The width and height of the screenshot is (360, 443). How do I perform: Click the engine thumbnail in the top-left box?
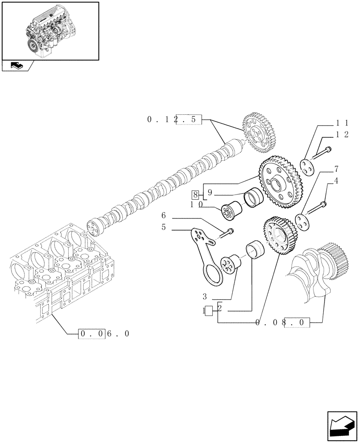(50, 31)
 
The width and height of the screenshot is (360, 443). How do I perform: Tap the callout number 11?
(341, 123)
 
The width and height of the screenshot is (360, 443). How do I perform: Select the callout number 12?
(341, 135)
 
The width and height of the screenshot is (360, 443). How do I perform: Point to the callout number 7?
(337, 168)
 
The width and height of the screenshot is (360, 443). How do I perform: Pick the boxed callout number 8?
(196, 194)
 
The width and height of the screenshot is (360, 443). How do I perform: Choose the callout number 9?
(210, 193)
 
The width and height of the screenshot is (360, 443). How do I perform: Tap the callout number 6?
(163, 215)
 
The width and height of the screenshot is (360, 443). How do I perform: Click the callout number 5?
(163, 227)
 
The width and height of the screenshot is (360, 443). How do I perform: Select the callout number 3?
(205, 296)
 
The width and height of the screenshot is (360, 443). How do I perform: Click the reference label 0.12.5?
(174, 119)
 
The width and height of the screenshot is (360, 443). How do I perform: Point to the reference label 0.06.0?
(105, 334)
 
